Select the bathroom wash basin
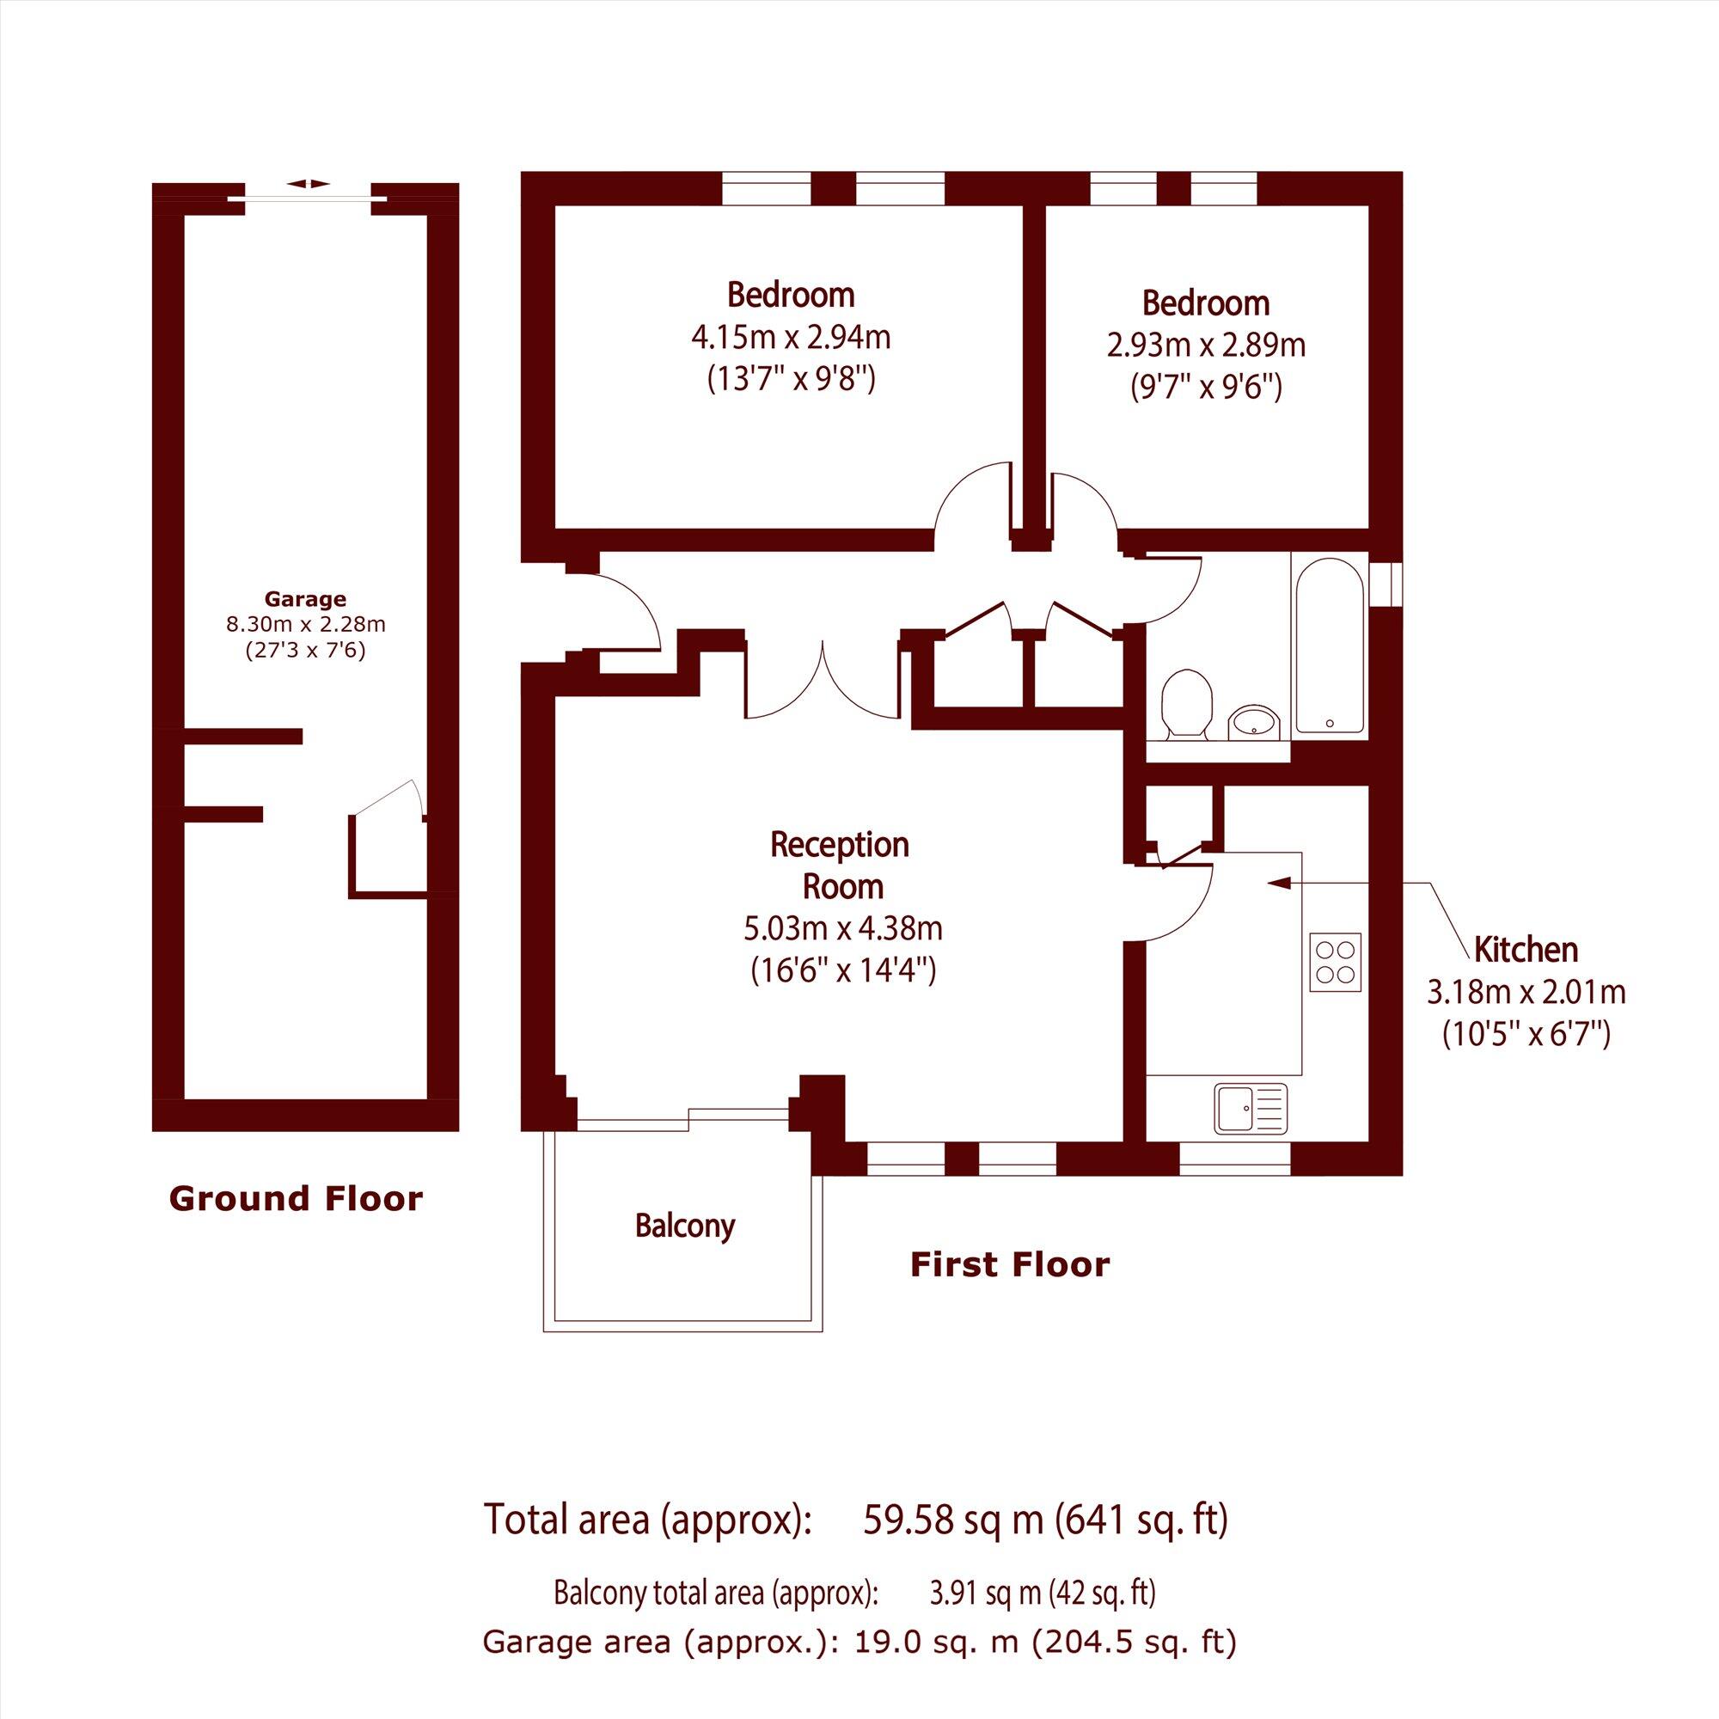pyautogui.click(x=1254, y=722)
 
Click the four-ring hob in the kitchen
pyautogui.click(x=1336, y=962)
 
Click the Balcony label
pyautogui.click(x=685, y=1227)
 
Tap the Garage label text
pyautogui.click(x=305, y=600)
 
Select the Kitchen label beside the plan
pyautogui.click(x=1526, y=950)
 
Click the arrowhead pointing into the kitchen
pyautogui.click(x=1279, y=884)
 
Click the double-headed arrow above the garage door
pyautogui.click(x=309, y=183)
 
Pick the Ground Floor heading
pyautogui.click(x=296, y=1198)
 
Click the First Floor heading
pyautogui.click(x=1010, y=1264)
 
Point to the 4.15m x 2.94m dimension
pyautogui.click(x=791, y=337)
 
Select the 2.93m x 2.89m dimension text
pyautogui.click(x=1206, y=346)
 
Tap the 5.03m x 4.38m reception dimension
pyautogui.click(x=842, y=929)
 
